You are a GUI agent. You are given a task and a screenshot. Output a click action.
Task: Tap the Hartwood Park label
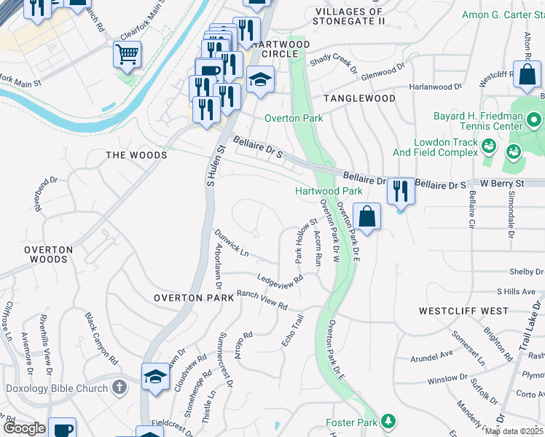point(329,191)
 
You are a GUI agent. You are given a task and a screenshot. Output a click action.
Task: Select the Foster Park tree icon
point(389,421)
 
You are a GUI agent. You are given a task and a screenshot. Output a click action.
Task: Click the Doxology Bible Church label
point(56,388)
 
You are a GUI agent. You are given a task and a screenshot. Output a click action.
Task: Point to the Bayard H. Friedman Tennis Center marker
point(534,119)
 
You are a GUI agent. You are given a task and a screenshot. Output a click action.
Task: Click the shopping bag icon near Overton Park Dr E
point(369,216)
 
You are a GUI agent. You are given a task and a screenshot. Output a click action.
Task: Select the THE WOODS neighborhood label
point(136,155)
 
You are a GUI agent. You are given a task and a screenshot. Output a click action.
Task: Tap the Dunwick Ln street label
point(232,243)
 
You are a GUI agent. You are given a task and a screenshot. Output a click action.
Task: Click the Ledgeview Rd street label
point(280,279)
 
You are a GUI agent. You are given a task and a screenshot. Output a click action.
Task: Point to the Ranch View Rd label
point(262,299)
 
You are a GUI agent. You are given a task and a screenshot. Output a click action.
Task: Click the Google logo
point(24,428)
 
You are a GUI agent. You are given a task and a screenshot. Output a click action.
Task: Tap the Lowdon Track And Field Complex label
point(445,148)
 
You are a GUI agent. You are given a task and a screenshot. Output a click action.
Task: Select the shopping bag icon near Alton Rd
point(526,74)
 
